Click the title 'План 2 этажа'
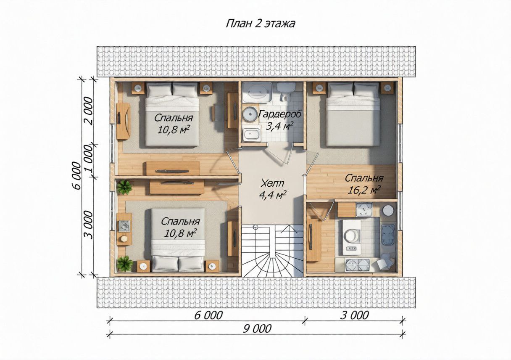(x=261, y=24)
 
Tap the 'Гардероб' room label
(x=279, y=114)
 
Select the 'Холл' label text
(x=272, y=183)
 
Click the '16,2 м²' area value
(x=364, y=190)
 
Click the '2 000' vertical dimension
(x=89, y=111)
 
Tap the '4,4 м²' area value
(x=273, y=195)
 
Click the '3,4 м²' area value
(x=279, y=126)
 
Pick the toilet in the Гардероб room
(x=286, y=91)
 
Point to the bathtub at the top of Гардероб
(x=257, y=92)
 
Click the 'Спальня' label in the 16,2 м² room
(x=364, y=178)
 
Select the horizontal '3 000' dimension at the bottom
(x=354, y=316)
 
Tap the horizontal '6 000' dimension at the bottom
(x=208, y=316)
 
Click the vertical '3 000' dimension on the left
(x=89, y=225)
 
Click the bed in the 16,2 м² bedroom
(x=353, y=114)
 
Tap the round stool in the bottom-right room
(x=387, y=210)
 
